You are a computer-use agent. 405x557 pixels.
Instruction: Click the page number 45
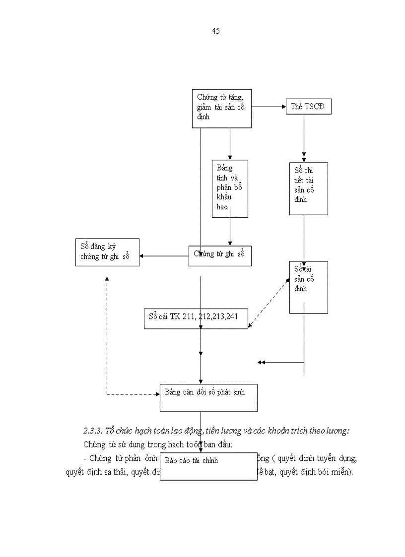[216, 31]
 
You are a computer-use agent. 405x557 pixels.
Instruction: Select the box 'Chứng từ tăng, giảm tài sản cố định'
[221, 108]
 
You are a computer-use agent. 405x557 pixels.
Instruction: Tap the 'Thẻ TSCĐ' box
[308, 107]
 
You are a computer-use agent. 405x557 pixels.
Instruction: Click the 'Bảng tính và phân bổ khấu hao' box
[229, 188]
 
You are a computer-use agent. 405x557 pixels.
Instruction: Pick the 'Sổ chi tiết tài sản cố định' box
[308, 188]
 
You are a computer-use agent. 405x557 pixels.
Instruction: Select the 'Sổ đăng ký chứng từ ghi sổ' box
[107, 252]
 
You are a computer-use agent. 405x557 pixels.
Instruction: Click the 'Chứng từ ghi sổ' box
[220, 255]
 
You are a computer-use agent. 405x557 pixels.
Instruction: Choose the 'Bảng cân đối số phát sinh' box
[208, 397]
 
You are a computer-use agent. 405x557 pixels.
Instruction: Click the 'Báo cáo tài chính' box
[208, 466]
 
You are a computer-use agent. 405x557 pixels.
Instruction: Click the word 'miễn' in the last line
[340, 472]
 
